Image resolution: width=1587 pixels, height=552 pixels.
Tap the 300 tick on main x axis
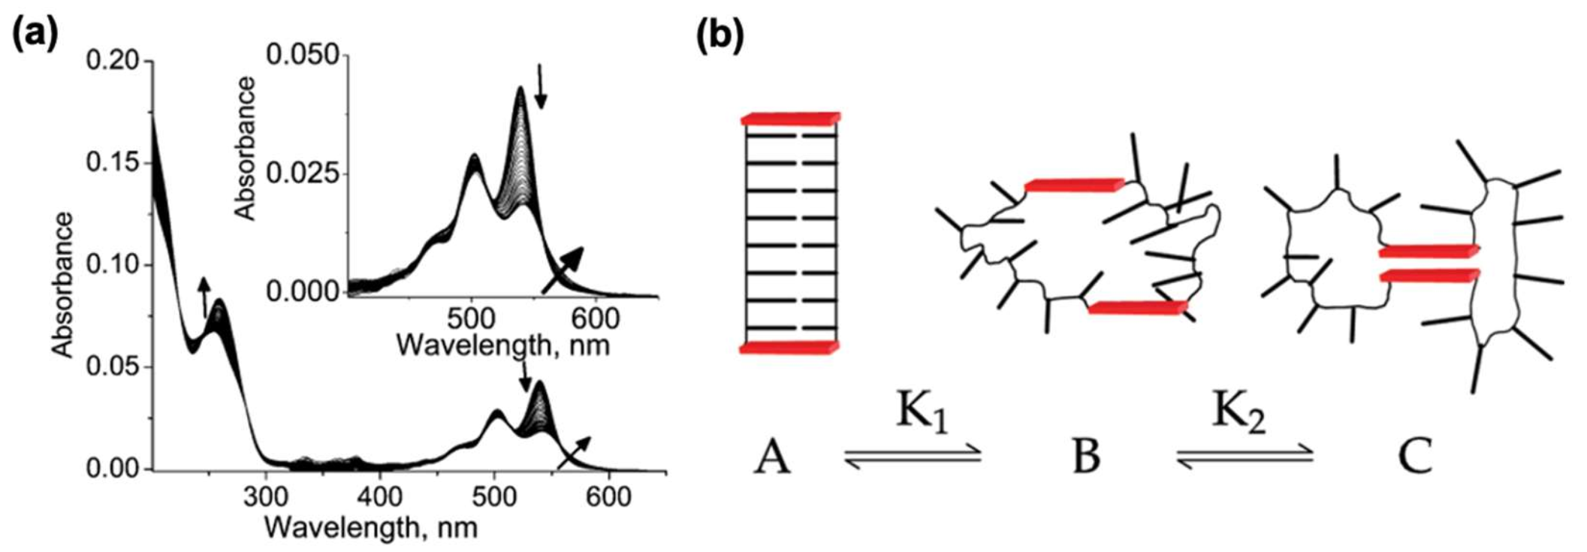267,496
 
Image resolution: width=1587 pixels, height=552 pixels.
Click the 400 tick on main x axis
380,496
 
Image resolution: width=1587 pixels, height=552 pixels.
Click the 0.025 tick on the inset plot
303,174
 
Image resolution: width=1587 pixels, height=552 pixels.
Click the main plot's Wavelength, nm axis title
370,528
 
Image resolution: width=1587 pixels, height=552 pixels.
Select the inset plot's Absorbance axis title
246,148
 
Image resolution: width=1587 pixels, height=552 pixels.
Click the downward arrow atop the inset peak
541,86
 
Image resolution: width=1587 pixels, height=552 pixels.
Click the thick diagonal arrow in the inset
563,270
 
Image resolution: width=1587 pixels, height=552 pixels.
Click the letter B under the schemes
1086,457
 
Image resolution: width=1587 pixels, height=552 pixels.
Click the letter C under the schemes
1414,457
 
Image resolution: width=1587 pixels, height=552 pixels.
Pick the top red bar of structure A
790,118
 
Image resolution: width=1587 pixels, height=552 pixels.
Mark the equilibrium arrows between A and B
913,456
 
